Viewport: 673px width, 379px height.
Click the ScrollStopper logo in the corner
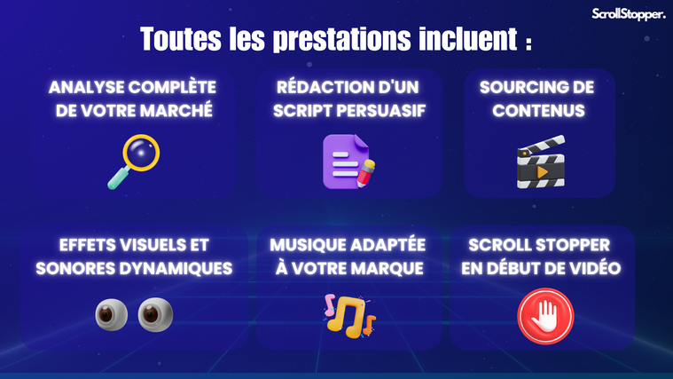[x=629, y=14]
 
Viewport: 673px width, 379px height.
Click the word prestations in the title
[x=341, y=40]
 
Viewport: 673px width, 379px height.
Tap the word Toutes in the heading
[x=181, y=39]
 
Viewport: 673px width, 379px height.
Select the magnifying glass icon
[x=134, y=162]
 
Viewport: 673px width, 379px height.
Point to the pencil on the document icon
[x=365, y=173]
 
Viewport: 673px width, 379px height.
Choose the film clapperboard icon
[x=541, y=162]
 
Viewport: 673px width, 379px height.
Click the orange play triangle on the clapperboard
[x=542, y=172]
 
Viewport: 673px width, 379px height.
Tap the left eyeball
[x=111, y=314]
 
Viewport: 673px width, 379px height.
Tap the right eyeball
[x=155, y=314]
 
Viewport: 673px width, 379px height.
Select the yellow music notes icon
[x=349, y=316]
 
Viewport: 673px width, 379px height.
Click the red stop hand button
[x=545, y=316]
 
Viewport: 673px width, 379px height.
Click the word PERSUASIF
[x=381, y=110]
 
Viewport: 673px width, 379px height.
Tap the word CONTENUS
[x=538, y=110]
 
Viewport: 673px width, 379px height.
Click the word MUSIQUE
[x=308, y=245]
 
